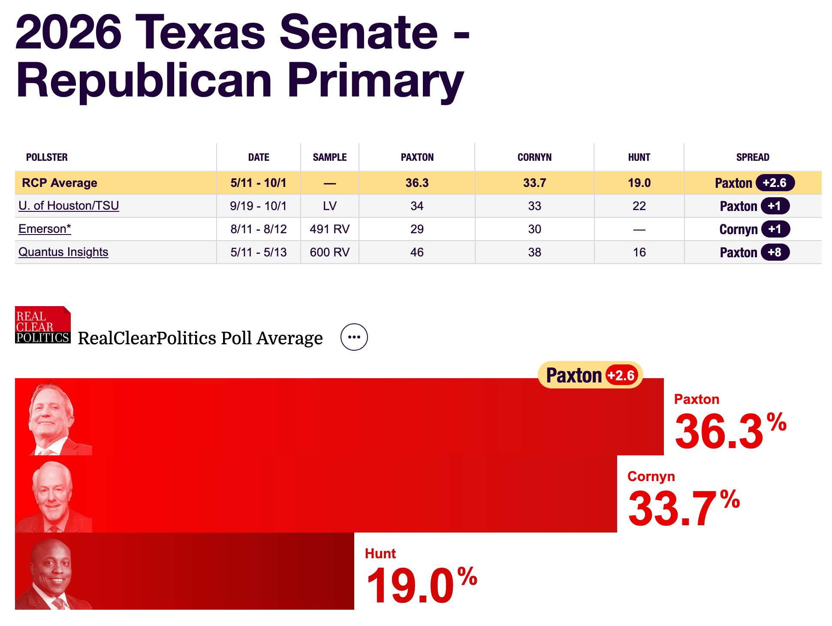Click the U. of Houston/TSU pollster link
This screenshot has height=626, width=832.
69,206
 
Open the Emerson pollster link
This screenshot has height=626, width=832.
45,229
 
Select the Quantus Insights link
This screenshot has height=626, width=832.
63,252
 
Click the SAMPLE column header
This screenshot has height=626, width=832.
329,157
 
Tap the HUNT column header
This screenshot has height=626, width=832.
639,157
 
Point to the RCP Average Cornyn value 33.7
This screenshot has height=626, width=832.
534,183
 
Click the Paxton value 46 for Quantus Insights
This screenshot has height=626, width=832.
417,252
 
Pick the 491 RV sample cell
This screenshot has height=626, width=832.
329,229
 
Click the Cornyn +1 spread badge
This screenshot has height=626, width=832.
775,229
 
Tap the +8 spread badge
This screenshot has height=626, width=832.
775,252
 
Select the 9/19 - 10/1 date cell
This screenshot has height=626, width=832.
258,206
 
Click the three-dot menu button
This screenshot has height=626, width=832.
354,337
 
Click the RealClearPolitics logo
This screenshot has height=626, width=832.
42,325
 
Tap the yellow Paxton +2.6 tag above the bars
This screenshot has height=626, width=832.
590,375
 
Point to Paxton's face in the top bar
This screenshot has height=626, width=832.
51,414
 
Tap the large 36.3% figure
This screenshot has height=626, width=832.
729,431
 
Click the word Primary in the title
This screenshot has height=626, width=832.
375,81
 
